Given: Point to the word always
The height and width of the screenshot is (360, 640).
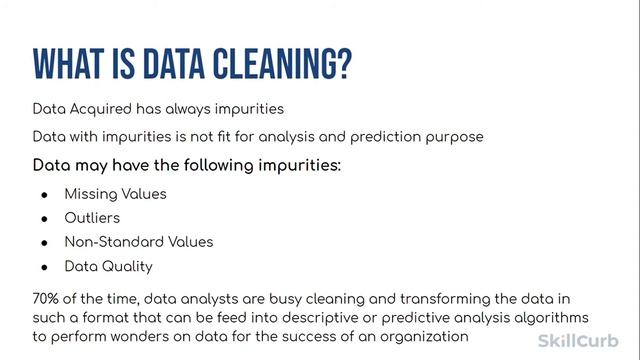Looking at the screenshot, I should [x=188, y=109].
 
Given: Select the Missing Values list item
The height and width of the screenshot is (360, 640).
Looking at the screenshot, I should [x=115, y=194].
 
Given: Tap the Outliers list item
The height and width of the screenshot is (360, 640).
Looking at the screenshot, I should [x=92, y=218].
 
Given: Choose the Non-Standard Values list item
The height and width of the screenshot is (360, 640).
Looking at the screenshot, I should [x=139, y=242].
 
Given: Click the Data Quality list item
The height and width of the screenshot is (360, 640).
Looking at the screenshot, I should [x=108, y=267].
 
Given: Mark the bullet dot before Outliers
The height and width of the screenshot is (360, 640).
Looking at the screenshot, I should [x=44, y=218].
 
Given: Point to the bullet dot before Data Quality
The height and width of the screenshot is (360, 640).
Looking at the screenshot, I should [x=44, y=267].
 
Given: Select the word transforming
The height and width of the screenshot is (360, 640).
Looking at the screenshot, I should [x=390, y=299].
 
